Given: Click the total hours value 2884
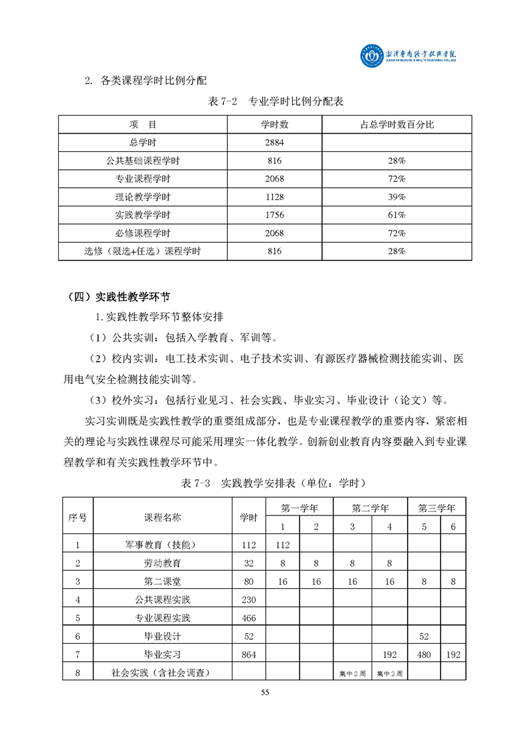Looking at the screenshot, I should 274,143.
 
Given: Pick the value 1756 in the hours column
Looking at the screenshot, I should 274,215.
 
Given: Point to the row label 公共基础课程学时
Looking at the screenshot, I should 143,161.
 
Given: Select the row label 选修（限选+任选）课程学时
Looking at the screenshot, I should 143,251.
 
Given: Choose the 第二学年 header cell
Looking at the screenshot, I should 370,508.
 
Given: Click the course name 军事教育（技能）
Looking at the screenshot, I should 162,545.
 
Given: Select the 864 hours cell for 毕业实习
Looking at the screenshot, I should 249,654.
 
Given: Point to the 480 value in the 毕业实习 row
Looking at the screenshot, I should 424,654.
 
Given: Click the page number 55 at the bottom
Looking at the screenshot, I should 265,692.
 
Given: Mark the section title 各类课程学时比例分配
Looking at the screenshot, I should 154,82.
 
